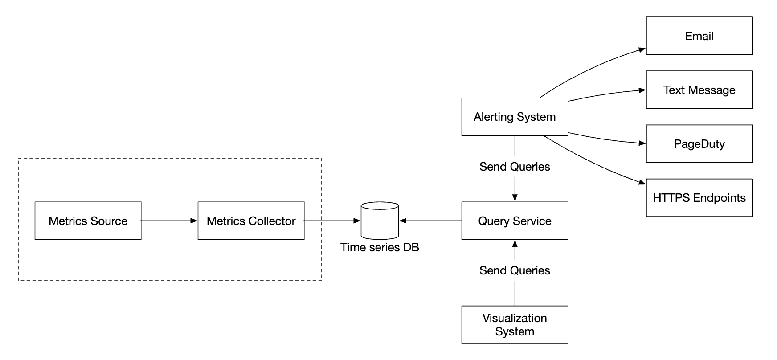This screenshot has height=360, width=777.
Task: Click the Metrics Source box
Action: tap(88, 221)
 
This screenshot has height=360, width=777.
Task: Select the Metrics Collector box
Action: tap(251, 221)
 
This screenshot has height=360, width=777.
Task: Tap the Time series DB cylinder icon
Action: tap(380, 221)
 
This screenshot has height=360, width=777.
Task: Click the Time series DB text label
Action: tap(380, 247)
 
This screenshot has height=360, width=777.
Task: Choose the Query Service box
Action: tap(515, 221)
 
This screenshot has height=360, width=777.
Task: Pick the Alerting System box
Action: tap(515, 117)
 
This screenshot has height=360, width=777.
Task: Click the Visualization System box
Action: tap(515, 325)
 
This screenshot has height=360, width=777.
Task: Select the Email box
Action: tap(699, 36)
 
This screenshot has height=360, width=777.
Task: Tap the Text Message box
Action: tap(699, 90)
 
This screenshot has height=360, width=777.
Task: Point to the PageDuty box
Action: tap(699, 144)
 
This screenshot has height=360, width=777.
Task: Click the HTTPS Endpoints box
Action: tap(699, 198)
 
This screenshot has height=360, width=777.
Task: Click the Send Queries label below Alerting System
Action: tap(515, 167)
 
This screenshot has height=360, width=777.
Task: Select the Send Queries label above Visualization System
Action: tap(515, 270)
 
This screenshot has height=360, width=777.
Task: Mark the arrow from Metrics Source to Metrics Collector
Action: tap(169, 221)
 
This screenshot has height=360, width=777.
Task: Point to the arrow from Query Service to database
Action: tap(430, 221)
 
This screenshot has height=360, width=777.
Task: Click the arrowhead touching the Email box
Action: tap(642, 49)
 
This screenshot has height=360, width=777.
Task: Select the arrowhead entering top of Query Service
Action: tap(515, 198)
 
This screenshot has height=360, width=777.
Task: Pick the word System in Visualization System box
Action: tap(515, 332)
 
